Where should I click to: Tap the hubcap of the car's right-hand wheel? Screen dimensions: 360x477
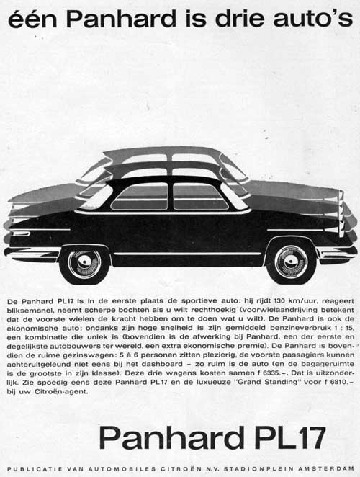click(x=291, y=261)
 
